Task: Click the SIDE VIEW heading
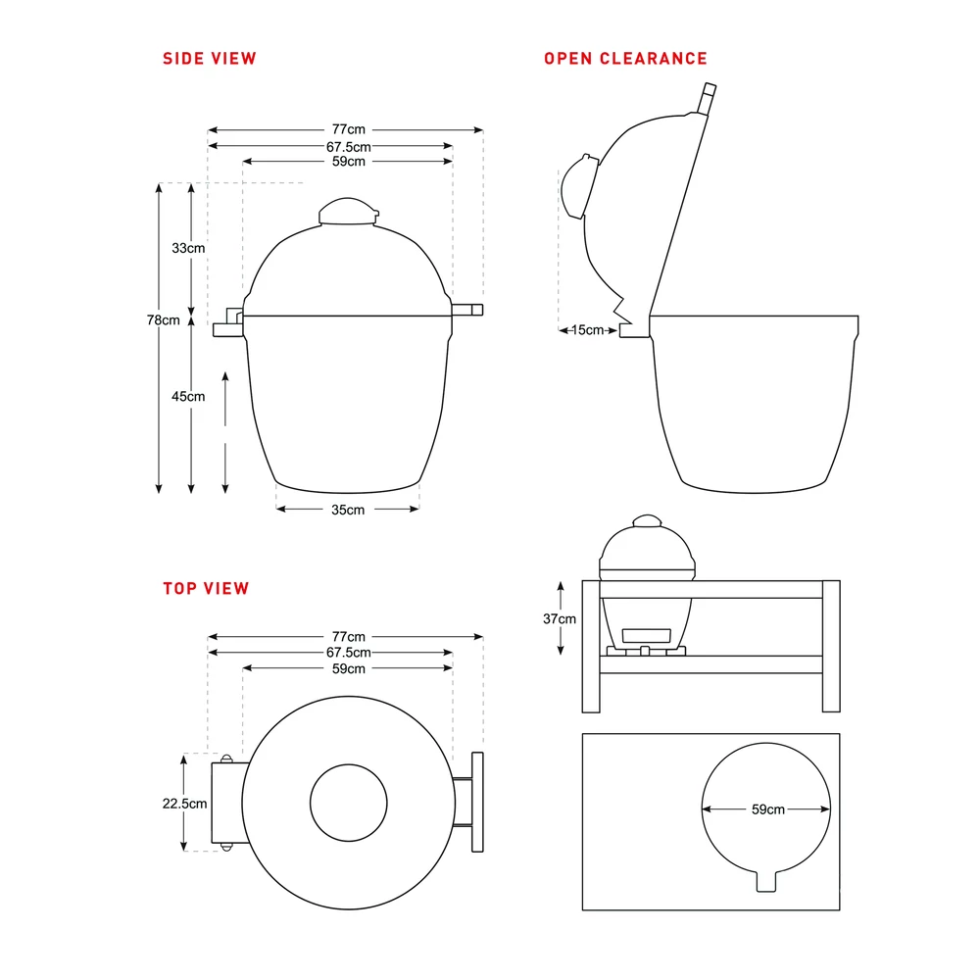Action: pos(210,59)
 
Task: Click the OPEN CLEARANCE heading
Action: pos(625,59)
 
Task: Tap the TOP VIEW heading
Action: pos(206,589)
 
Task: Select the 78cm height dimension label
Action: pos(163,320)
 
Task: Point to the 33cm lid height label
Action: pos(188,248)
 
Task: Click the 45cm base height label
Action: pos(188,396)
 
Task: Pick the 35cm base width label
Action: pos(348,510)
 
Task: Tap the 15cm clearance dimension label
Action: pos(587,330)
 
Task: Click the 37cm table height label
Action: pos(560,618)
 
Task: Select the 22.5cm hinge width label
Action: pos(184,804)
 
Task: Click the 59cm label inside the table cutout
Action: pos(768,809)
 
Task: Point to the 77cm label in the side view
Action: pos(349,129)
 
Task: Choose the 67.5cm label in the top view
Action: pos(349,653)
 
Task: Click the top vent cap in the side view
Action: pos(349,212)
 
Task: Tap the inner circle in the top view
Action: pos(349,764)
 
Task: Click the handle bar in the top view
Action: pos(477,802)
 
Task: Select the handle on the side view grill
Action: pos(467,310)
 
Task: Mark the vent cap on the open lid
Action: pos(579,186)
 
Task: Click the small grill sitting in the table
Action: pos(647,586)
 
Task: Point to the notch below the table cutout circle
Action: pos(766,881)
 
